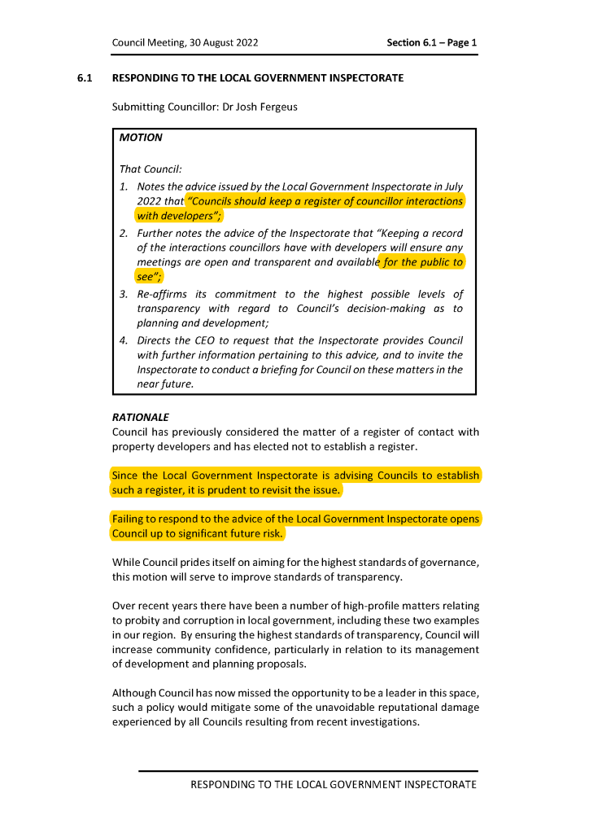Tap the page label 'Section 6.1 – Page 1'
[x=432, y=42]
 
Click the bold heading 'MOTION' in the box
[x=141, y=138]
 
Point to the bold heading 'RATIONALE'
[x=141, y=417]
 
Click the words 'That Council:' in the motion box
[x=151, y=169]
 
